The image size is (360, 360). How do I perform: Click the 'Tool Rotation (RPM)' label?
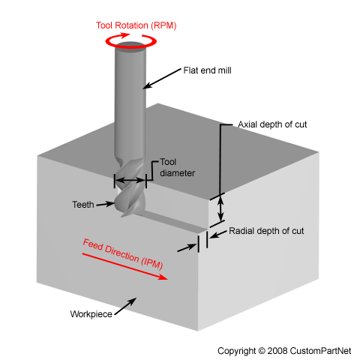pos(135,25)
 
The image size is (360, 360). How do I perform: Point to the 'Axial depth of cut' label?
pos(271,124)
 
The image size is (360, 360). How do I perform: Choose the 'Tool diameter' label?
pos(177,167)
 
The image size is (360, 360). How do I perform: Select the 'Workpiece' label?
pos(91,314)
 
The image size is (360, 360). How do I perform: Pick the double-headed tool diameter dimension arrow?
pos(130,181)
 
